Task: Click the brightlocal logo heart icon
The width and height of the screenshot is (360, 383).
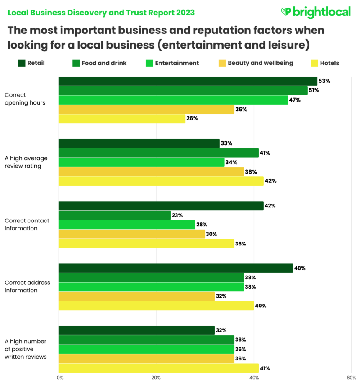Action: click(x=286, y=12)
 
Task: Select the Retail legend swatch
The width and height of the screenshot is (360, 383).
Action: click(x=22, y=63)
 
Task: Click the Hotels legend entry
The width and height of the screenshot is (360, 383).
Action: click(x=325, y=63)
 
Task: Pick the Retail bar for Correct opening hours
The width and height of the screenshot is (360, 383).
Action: click(x=188, y=81)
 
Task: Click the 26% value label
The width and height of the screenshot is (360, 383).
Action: click(x=193, y=119)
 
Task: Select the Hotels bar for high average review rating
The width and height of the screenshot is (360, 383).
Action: click(x=161, y=181)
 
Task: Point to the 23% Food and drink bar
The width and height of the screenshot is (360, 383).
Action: click(x=114, y=215)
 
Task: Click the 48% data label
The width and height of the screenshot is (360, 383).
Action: click(x=300, y=268)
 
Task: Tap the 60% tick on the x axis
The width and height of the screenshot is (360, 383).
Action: click(x=351, y=378)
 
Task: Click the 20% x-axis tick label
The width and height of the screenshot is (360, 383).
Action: click(x=156, y=378)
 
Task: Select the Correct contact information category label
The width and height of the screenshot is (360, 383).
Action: click(x=27, y=225)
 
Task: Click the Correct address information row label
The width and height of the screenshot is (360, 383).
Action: click(x=27, y=286)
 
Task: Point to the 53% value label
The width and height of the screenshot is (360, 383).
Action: click(x=324, y=81)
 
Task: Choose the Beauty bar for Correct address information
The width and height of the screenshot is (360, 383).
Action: click(x=136, y=296)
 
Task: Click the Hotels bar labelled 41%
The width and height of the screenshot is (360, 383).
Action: click(x=158, y=368)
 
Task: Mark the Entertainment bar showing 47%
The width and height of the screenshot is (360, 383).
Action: click(x=173, y=100)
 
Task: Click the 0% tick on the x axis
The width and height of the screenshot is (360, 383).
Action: click(x=60, y=378)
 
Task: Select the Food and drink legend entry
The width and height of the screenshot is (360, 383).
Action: click(x=99, y=63)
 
